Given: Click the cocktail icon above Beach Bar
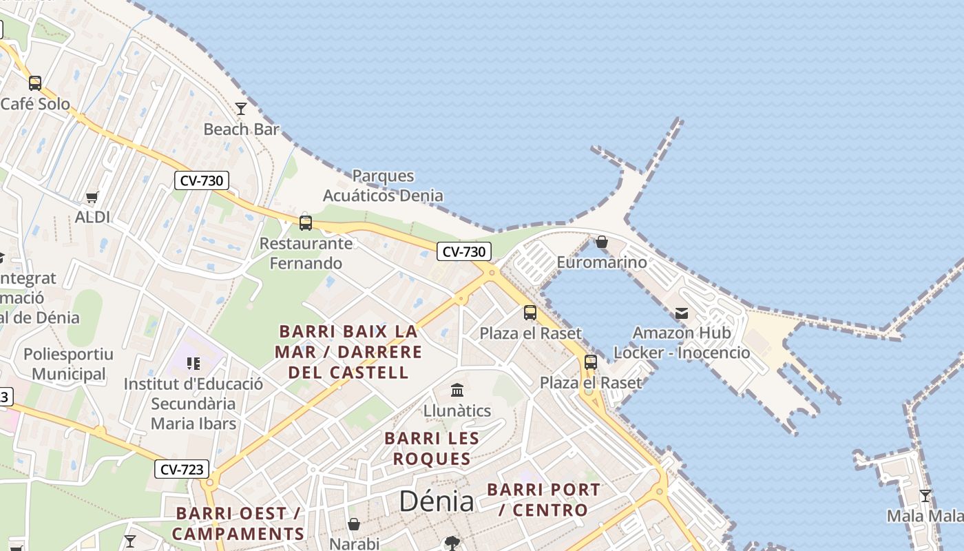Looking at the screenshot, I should (x=241, y=109).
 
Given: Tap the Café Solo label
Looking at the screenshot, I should (x=35, y=104).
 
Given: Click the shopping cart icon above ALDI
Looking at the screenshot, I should (x=92, y=197).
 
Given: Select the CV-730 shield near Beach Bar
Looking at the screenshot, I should (x=201, y=180).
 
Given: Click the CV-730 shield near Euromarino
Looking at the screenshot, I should (x=464, y=251).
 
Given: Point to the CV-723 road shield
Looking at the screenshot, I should (x=182, y=470).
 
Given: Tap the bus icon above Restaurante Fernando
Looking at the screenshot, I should (x=306, y=223).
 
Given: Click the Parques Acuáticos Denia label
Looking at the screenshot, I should (x=383, y=185).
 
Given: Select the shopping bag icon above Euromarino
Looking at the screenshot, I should (x=602, y=242).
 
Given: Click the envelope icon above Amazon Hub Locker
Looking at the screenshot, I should (x=681, y=313).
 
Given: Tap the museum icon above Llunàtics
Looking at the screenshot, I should (x=457, y=391).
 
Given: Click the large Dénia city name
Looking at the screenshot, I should (x=437, y=501).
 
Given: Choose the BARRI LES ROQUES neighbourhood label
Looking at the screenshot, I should (x=432, y=448).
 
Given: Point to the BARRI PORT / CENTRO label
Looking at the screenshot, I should (x=543, y=500).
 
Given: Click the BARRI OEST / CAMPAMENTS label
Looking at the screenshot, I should (x=238, y=523).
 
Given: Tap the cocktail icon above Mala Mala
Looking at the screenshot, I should (x=925, y=496).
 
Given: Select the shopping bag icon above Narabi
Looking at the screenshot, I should (x=354, y=525).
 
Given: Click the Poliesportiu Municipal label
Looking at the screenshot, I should (x=68, y=364).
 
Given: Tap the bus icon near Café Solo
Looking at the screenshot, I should (x=35, y=83).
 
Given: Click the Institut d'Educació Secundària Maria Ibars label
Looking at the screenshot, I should (x=193, y=404).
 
